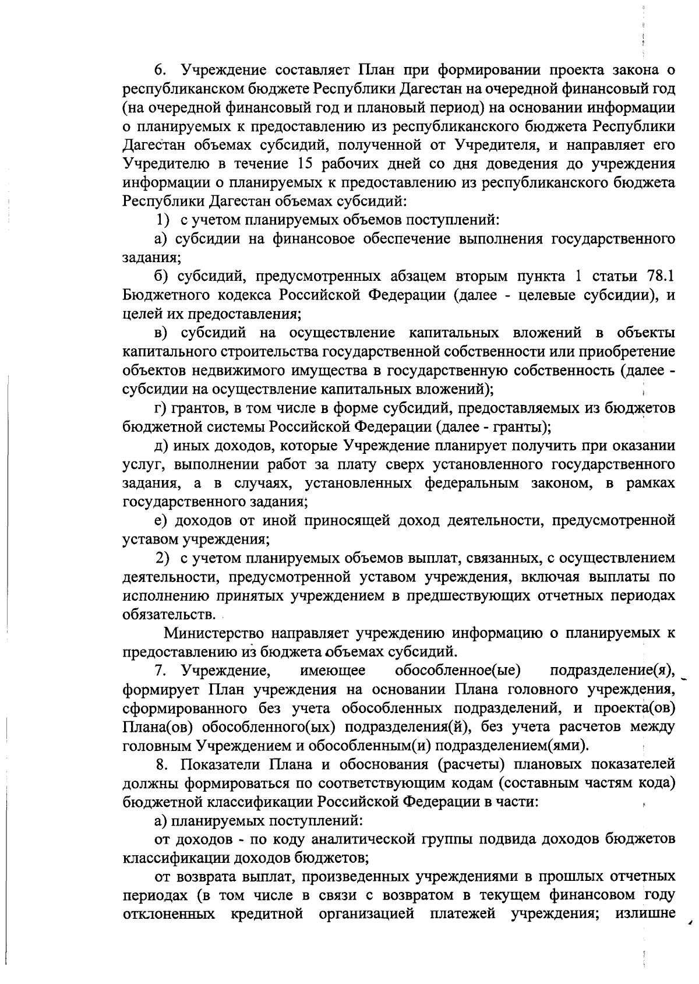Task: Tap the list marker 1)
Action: tap(163, 220)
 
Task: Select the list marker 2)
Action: tap(163, 558)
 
